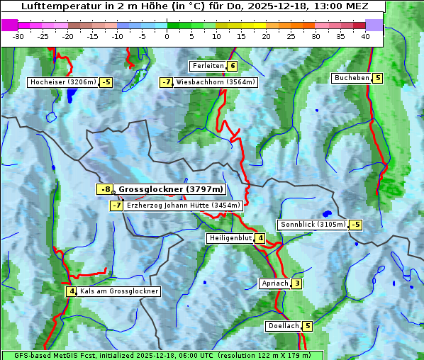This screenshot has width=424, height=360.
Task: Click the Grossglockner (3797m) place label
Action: click(x=170, y=189)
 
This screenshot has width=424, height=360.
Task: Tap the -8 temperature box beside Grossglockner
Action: click(x=105, y=189)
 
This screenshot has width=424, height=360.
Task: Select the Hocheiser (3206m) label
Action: click(x=62, y=82)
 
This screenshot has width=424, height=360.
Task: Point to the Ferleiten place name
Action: click(x=207, y=66)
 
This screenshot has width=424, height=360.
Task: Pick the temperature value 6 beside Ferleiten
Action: click(x=233, y=66)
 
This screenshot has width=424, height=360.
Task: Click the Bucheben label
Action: click(x=352, y=78)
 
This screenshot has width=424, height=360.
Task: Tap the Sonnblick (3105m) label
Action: click(x=313, y=225)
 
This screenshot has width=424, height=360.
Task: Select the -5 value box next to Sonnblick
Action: click(x=355, y=225)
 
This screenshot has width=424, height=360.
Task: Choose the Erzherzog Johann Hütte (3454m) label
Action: click(x=184, y=206)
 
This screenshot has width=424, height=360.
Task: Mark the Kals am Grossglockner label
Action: click(x=118, y=291)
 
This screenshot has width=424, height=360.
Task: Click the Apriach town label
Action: click(x=275, y=283)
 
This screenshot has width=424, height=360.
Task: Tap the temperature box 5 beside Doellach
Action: click(x=307, y=326)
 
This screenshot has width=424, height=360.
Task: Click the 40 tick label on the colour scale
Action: click(x=364, y=36)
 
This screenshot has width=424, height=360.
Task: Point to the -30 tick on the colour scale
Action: click(x=18, y=36)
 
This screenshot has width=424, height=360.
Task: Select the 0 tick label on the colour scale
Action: click(x=167, y=36)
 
